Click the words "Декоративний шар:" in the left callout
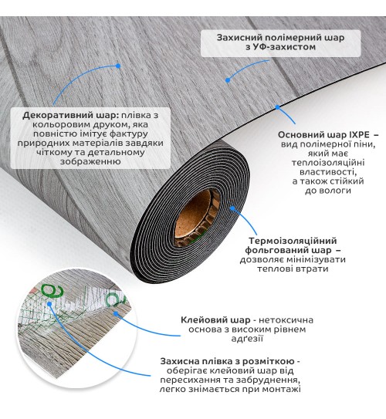point(70,116)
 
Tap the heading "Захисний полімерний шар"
point(280,38)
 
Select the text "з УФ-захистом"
point(280,47)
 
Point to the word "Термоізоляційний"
point(293,241)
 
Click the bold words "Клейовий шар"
point(215,320)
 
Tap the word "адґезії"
point(247,339)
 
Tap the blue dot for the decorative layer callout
point(118,66)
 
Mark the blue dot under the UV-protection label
point(228,80)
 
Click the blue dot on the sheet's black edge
point(277,107)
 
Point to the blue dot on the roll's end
point(232,208)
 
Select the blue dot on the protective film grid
point(49,304)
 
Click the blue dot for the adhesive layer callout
point(116,313)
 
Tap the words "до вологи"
point(328,191)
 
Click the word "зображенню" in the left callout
point(90,162)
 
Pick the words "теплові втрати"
point(293,269)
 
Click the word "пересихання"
point(188,380)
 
